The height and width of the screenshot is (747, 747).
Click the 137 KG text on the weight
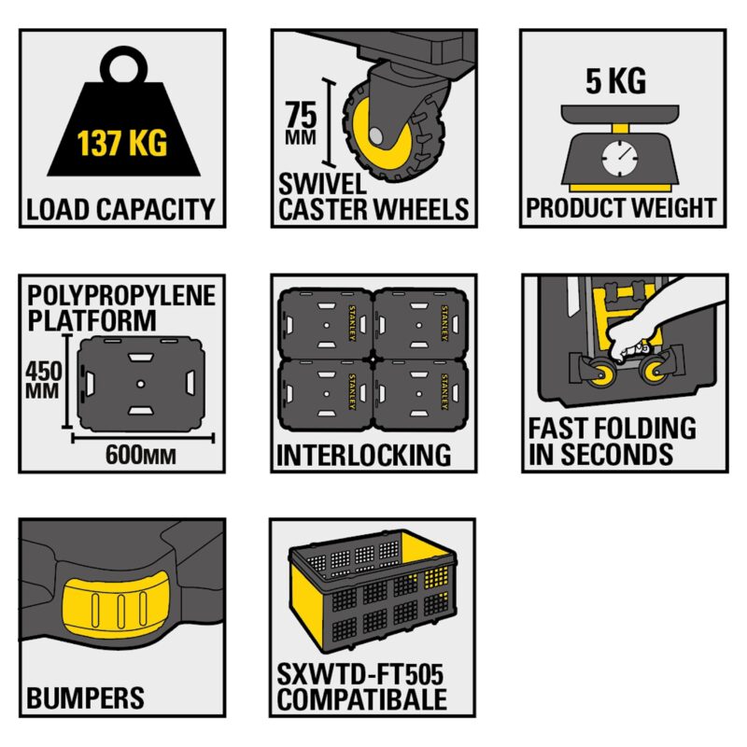pos(121,145)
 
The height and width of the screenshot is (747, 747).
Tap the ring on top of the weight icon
pos(122,69)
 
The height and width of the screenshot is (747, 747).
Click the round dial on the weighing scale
pos(617,158)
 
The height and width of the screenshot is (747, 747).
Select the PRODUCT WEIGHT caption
pos(622,207)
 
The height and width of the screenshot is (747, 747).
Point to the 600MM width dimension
pos(141,455)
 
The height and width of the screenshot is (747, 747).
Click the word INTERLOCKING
pos(364,455)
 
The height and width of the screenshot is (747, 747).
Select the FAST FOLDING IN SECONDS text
pos(613,442)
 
